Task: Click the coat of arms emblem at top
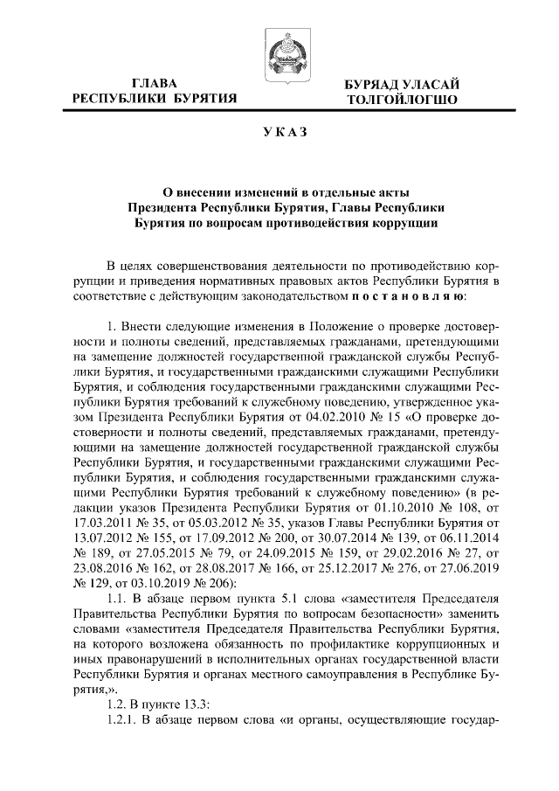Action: [x=279, y=49]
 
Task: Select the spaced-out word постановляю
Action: [x=413, y=298]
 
